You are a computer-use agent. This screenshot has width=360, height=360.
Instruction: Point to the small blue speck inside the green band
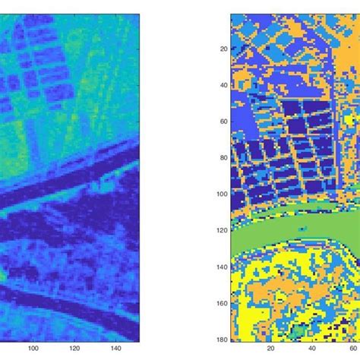(302, 228)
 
